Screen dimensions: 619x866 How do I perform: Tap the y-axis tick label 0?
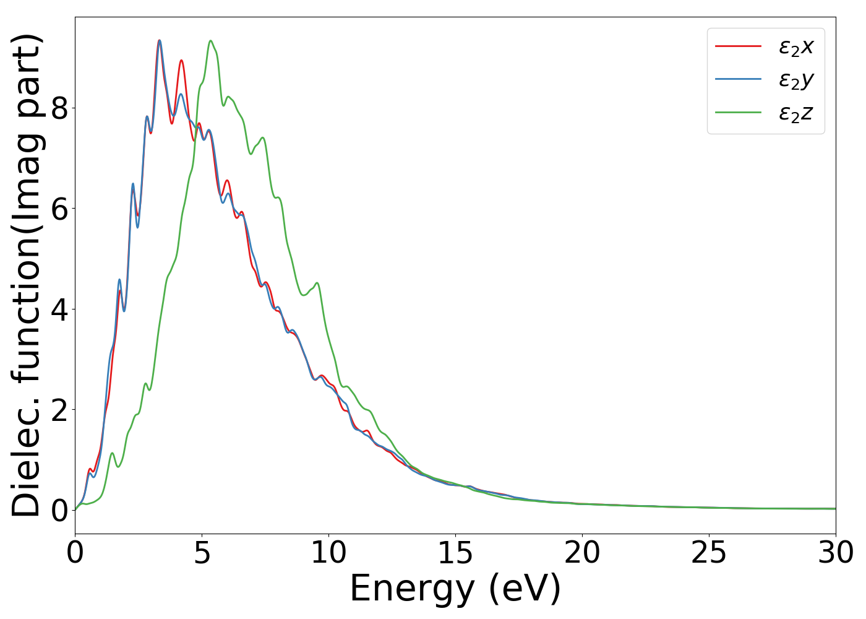coord(59,511)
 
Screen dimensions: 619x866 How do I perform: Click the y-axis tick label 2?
coord(59,410)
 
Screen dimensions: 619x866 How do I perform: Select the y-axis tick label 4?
coord(59,309)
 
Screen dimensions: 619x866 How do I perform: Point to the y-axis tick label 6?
coord(59,209)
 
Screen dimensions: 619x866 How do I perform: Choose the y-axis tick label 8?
coord(59,108)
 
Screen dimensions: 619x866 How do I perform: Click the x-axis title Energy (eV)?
coord(455,589)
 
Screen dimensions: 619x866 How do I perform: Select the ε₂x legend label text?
coord(796,46)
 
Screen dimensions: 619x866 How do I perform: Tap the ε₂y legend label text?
coord(796,80)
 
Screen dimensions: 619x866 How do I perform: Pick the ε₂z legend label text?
coord(796,113)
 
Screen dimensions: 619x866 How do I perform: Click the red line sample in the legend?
coord(738,46)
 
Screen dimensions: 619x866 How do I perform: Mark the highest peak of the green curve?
coord(211,41)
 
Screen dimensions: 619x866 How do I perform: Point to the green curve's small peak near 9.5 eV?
coord(317,284)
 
